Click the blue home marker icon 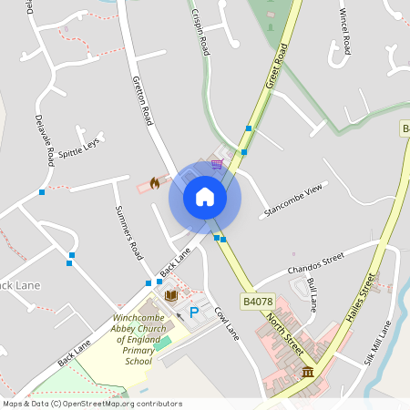(205, 196)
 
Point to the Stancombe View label (293, 200)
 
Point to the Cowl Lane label (226, 323)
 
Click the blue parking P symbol (194, 313)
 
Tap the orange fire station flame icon (155, 183)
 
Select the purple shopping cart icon (217, 164)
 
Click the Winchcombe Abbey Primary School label (137, 340)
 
